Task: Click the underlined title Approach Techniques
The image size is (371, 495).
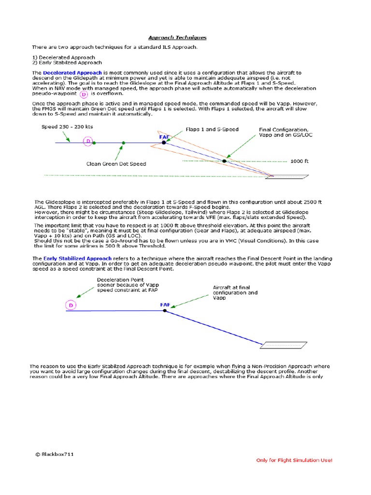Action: (x=177, y=37)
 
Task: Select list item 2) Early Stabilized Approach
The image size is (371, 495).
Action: (x=67, y=62)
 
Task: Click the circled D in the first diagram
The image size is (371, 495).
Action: (x=87, y=142)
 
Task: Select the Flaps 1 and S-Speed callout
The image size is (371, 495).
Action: (x=212, y=130)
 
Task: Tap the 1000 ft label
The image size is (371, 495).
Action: (x=299, y=161)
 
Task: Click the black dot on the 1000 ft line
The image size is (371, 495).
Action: (x=225, y=160)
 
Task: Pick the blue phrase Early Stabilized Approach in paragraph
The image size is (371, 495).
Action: (x=78, y=259)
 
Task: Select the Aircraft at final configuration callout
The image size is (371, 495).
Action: (x=235, y=292)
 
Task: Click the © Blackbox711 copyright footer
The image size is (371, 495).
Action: (x=54, y=454)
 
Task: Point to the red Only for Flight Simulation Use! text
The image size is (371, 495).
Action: (x=294, y=460)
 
